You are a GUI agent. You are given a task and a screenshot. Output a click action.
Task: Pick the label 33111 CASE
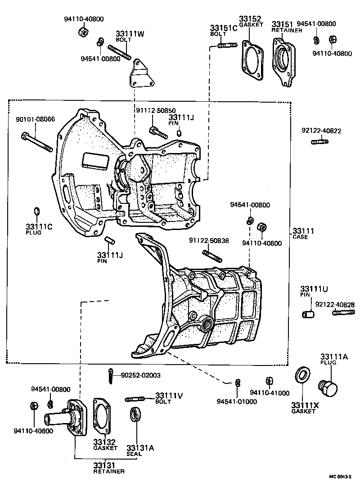tap(303, 234)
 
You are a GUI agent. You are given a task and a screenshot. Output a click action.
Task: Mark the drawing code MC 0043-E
tap(340, 476)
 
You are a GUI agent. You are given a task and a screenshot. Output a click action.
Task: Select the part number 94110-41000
tap(269, 392)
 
